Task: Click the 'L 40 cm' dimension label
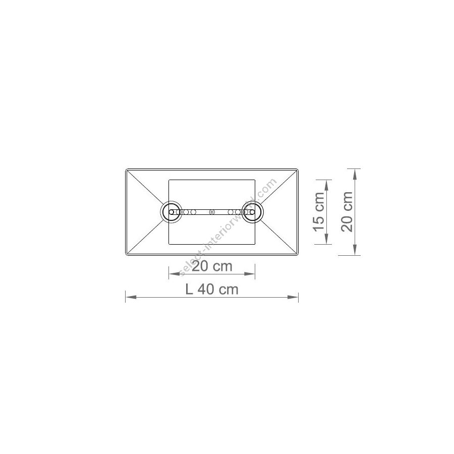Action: (x=212, y=289)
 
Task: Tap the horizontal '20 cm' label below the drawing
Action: (x=212, y=266)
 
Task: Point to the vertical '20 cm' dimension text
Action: (x=347, y=212)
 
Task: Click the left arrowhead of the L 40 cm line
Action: (x=131, y=297)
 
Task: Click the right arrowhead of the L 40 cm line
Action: (x=293, y=297)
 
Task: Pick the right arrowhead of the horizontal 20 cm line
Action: (x=249, y=273)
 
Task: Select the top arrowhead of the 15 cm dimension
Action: (x=326, y=185)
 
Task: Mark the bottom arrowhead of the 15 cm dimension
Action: (x=326, y=239)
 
